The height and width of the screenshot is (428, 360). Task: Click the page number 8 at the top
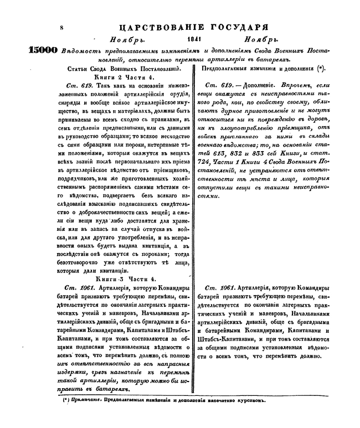click(62, 26)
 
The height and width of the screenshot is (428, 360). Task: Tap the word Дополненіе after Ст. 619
click(258, 87)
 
